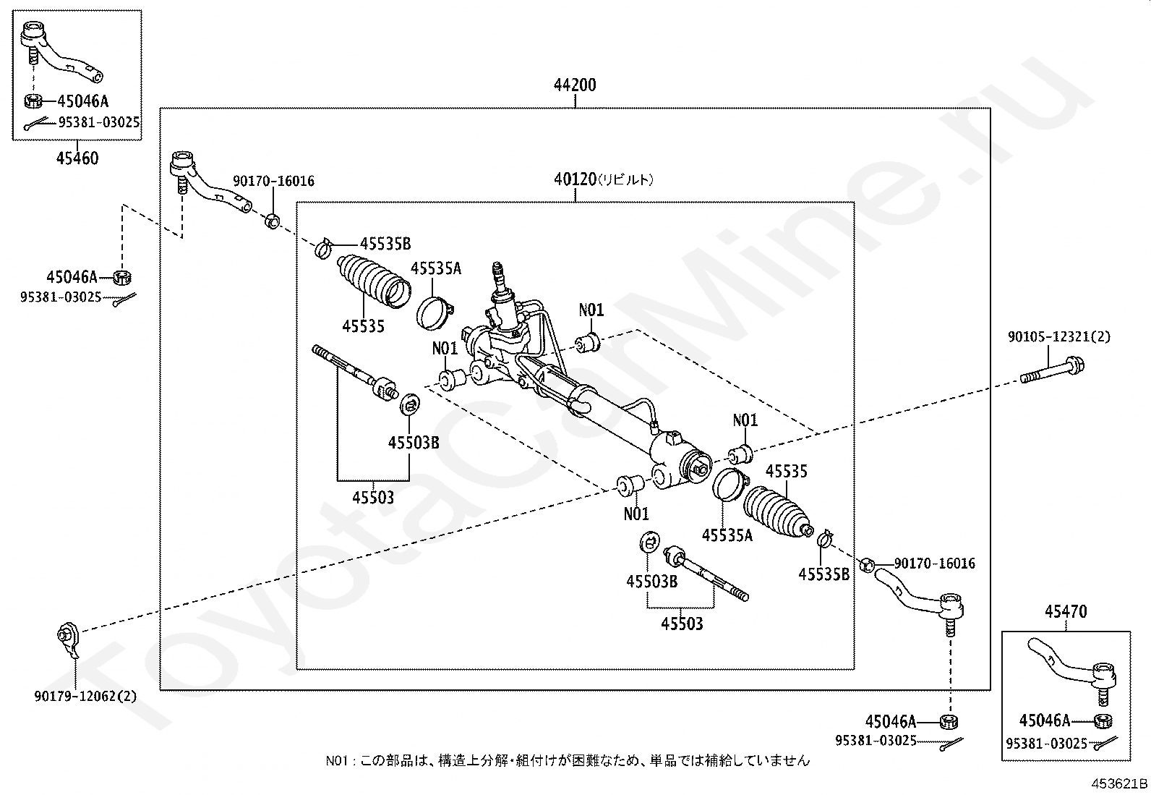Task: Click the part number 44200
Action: (575, 85)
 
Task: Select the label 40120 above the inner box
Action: (575, 179)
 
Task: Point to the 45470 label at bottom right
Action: (1065, 613)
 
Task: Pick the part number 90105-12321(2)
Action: (1058, 336)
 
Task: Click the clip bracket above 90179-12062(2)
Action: (68, 639)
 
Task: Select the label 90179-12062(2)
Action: (85, 697)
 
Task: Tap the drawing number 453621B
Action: (1119, 783)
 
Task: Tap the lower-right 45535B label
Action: (823, 574)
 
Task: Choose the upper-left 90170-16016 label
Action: (273, 181)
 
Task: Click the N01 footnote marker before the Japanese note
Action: (336, 760)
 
